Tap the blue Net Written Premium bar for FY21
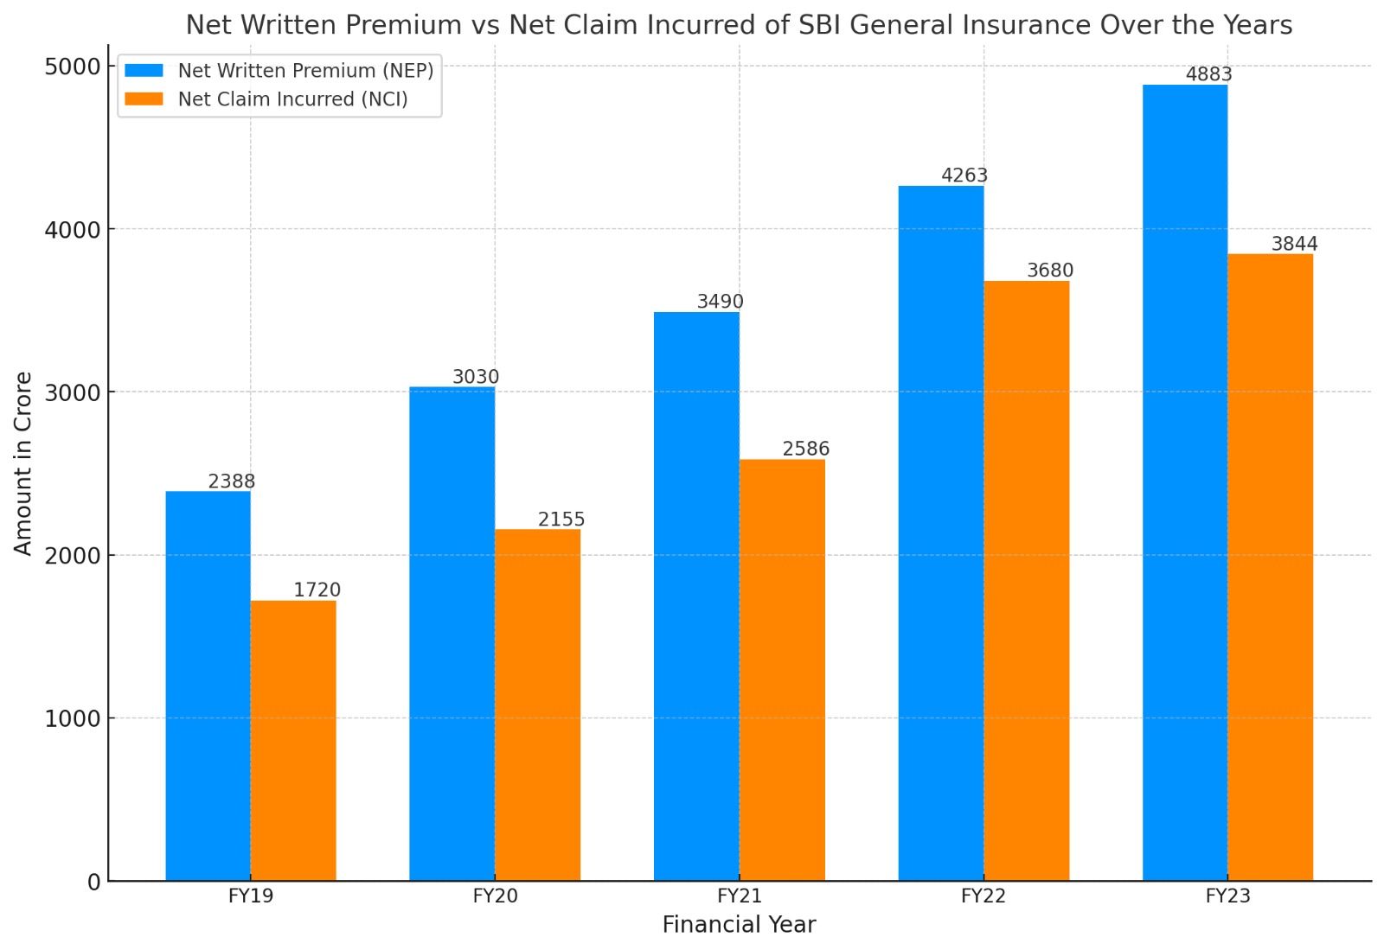[696, 596]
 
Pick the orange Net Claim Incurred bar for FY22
[1026, 581]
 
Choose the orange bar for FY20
[537, 705]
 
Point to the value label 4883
[1208, 74]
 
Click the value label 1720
[317, 590]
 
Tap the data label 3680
[1050, 271]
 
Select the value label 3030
[476, 377]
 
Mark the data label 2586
[805, 449]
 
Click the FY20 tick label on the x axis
[495, 896]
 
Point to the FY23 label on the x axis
[1227, 896]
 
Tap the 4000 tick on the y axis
[73, 230]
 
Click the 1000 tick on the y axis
[73, 718]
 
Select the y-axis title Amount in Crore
[23, 463]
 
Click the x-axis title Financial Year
[739, 925]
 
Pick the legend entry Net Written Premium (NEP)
[305, 71]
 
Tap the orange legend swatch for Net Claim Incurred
[144, 99]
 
